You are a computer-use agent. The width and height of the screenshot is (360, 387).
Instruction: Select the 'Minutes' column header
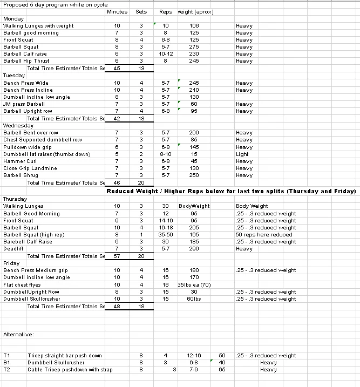(117, 11)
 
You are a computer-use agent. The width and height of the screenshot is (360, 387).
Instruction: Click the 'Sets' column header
(141, 11)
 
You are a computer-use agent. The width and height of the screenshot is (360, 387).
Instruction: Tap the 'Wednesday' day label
(18, 126)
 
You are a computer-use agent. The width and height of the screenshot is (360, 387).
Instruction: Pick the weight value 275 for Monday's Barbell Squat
(194, 47)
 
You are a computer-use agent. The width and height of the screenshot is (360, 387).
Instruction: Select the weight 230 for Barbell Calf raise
(194, 54)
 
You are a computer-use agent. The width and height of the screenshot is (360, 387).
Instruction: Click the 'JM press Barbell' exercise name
(24, 104)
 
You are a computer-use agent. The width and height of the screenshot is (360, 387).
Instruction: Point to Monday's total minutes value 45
(117, 69)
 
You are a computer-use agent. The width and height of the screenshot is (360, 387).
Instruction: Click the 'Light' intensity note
(242, 154)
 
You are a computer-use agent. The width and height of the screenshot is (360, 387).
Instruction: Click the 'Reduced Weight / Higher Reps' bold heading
(231, 192)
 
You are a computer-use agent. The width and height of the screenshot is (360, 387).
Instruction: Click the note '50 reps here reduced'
(264, 235)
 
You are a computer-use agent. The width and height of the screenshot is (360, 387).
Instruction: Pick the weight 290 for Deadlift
(194, 249)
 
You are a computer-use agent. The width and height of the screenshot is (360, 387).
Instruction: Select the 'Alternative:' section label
(18, 335)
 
